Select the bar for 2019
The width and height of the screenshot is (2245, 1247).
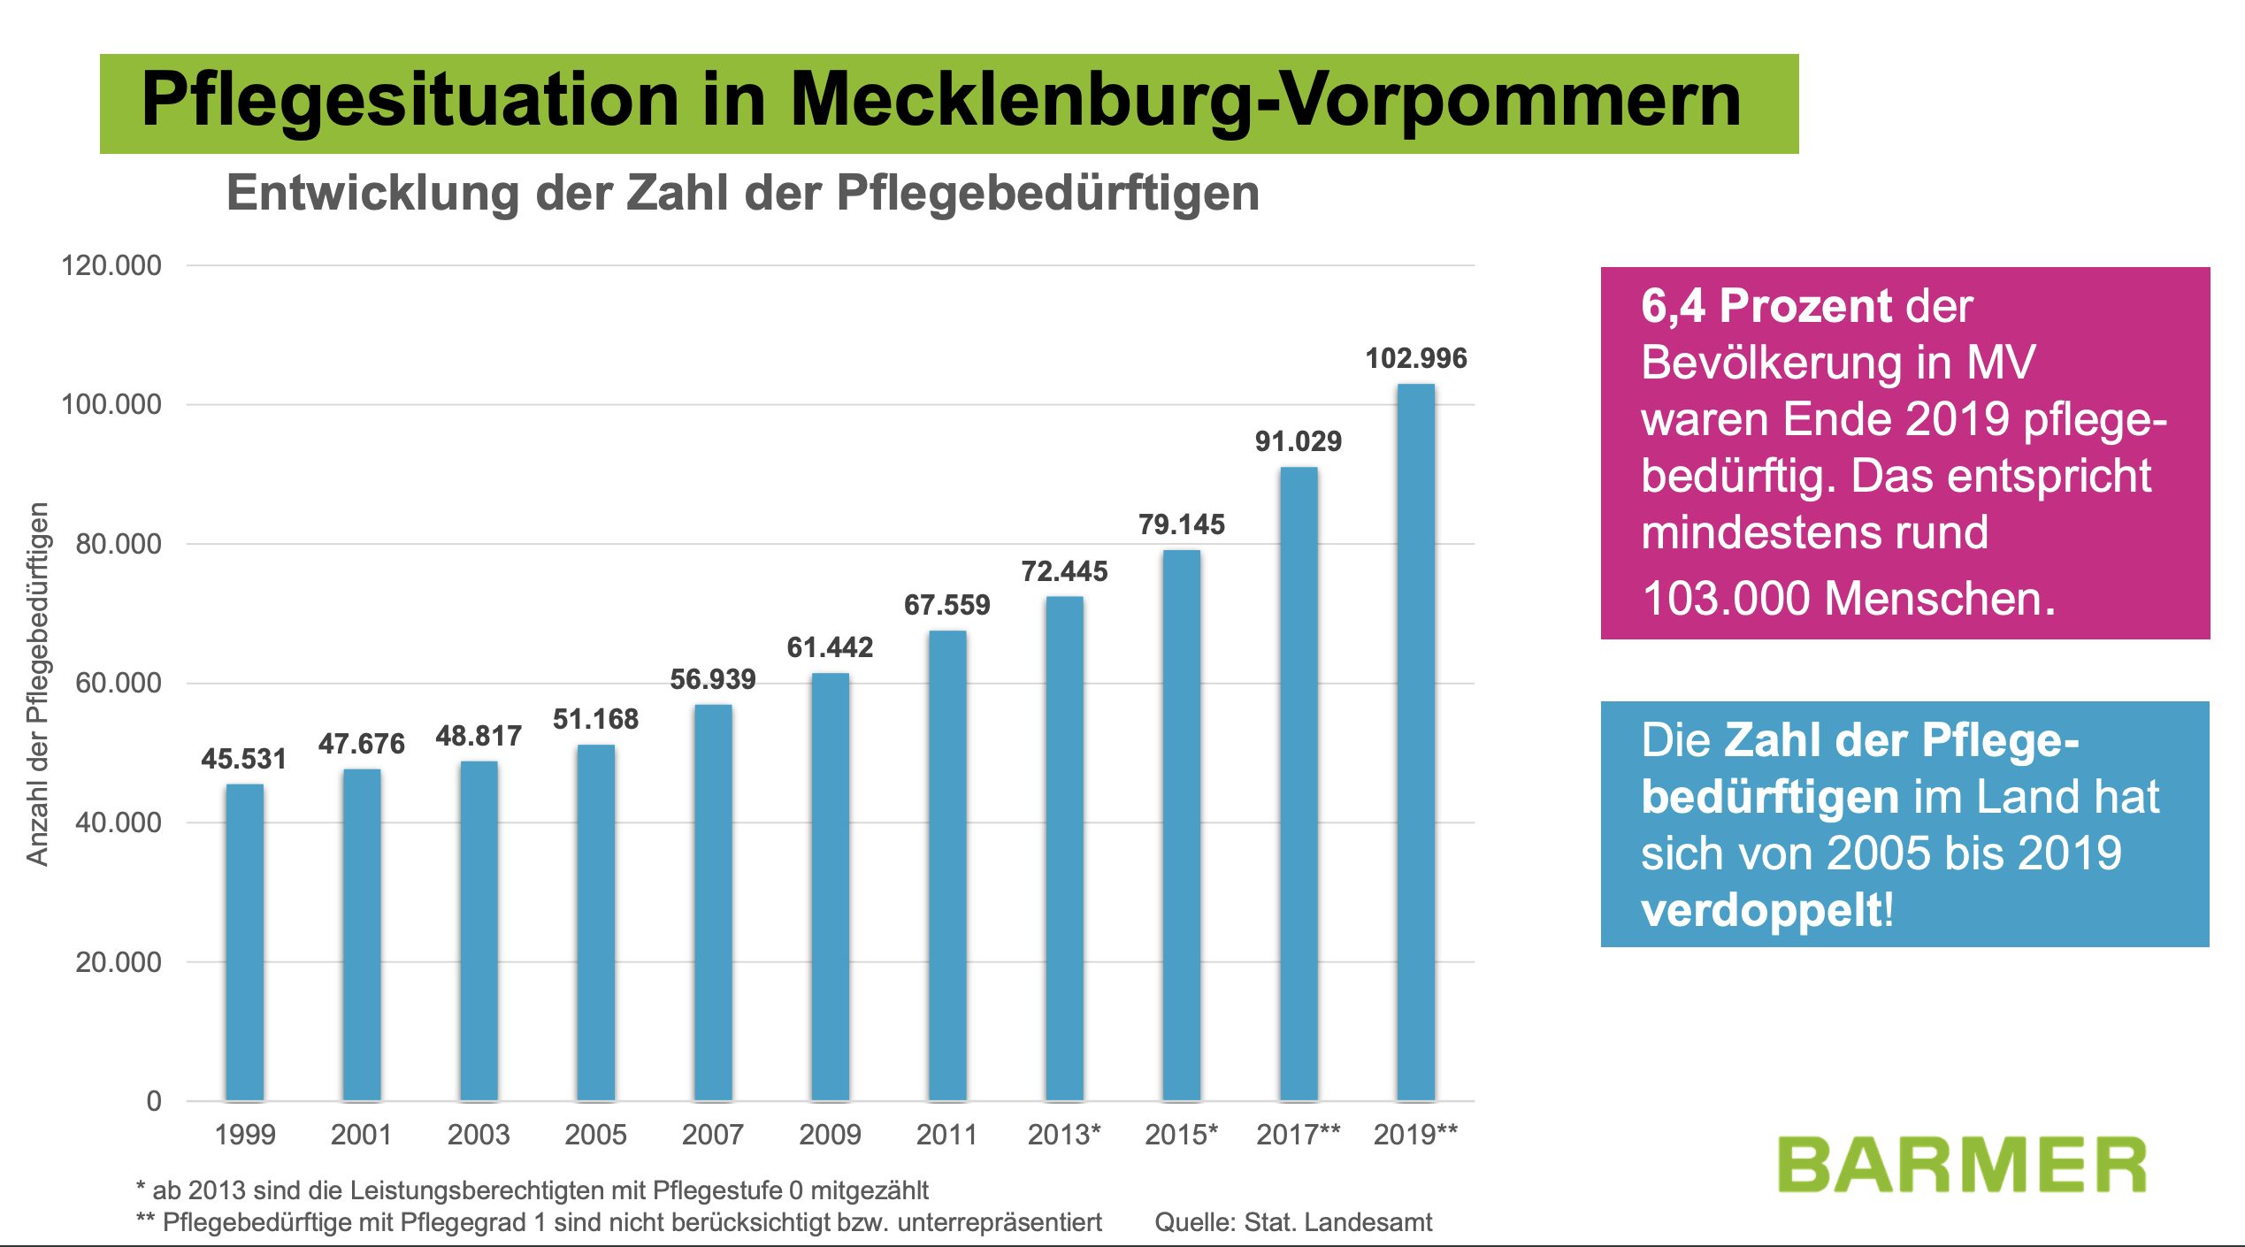pos(1415,743)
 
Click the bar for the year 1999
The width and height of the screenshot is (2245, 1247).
pos(244,943)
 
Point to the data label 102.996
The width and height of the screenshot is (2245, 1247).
pos(1415,358)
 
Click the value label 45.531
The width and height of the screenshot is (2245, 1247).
pos(244,759)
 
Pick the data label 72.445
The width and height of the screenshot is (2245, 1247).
pos(1064,571)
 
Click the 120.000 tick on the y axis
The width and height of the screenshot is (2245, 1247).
pos(111,265)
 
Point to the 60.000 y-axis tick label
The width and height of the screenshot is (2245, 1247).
pos(119,683)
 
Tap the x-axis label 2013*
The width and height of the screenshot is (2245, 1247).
pos(1064,1134)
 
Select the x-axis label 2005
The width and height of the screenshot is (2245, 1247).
pos(595,1134)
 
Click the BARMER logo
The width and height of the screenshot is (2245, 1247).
pos(1961,1166)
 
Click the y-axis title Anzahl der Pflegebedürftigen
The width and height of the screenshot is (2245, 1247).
pos(37,684)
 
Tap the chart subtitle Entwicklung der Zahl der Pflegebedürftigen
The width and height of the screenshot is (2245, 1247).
pos(743,193)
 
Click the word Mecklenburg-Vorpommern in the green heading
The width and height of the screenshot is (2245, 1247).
pos(1265,100)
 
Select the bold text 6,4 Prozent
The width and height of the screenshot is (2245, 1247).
pos(1765,306)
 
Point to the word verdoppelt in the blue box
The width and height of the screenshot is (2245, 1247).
pos(1763,910)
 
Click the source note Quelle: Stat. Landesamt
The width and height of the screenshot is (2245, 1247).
pos(1292,1222)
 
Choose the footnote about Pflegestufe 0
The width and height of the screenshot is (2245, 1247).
pos(533,1190)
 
